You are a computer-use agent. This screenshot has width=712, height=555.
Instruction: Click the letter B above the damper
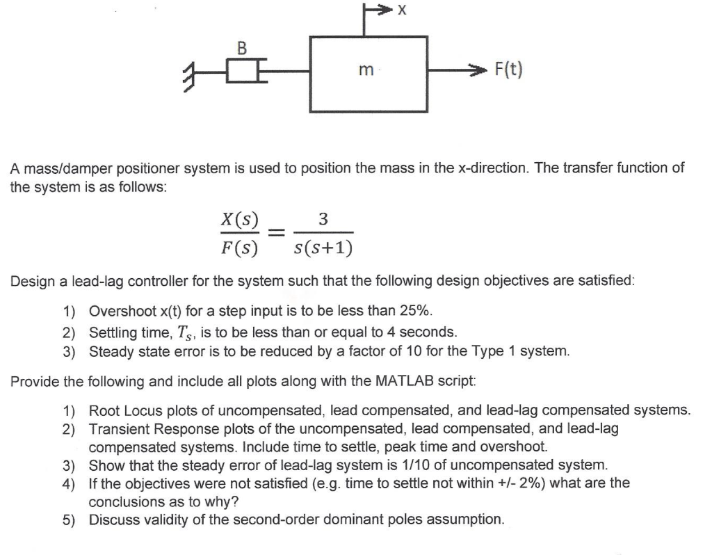point(242,48)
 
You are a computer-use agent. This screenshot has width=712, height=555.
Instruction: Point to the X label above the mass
point(402,10)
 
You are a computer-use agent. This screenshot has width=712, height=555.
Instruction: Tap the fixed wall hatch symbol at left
point(188,71)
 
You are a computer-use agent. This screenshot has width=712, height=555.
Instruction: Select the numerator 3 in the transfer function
point(322,219)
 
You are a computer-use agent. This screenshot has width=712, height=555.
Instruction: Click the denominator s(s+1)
point(323,247)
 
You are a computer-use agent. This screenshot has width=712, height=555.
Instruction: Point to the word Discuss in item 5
point(113,520)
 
